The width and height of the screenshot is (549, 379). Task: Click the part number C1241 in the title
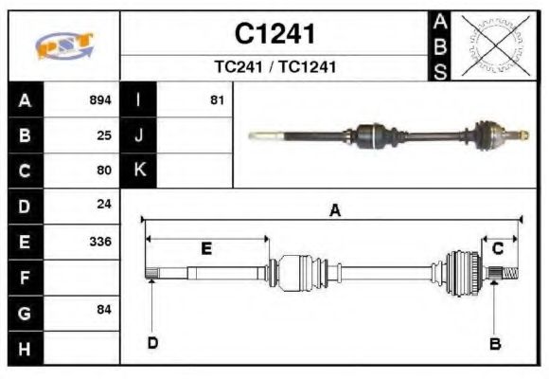click(274, 34)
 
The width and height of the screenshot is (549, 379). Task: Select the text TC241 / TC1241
click(274, 67)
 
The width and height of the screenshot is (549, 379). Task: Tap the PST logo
click(64, 45)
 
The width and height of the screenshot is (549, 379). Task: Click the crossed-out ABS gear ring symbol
click(491, 45)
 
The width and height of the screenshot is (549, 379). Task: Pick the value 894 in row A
click(99, 99)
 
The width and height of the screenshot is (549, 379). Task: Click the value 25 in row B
click(104, 135)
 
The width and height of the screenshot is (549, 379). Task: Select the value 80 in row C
click(104, 171)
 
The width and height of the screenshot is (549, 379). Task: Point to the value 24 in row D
click(104, 206)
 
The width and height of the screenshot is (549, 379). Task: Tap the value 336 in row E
click(99, 242)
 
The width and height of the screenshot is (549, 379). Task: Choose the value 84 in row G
click(104, 311)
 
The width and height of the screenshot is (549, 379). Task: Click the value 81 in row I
click(217, 99)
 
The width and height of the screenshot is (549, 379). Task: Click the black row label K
click(139, 171)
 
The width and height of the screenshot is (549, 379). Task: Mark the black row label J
click(139, 135)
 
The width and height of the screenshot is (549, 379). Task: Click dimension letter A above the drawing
click(334, 211)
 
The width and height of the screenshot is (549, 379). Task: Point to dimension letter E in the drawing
click(206, 249)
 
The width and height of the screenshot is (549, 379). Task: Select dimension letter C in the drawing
click(497, 248)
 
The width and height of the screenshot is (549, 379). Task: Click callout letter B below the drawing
click(494, 344)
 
